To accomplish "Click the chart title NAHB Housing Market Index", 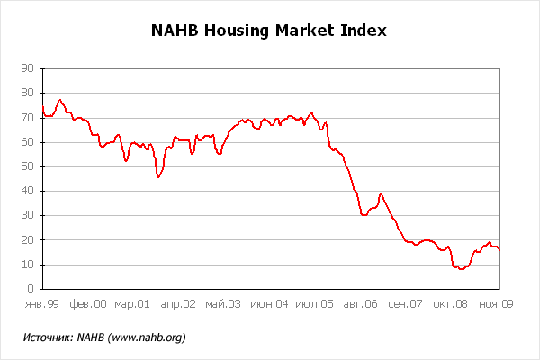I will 269,31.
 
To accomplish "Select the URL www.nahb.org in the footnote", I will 148,337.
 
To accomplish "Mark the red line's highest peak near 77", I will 59,100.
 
